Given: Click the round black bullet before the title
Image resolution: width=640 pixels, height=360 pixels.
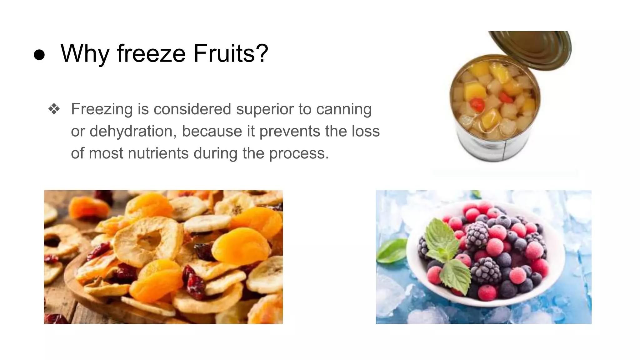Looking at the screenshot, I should pos(39,55).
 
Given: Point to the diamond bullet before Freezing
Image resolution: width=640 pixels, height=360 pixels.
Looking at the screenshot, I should pos(54,109).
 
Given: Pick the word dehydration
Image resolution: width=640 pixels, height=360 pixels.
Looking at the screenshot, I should pos(131,131).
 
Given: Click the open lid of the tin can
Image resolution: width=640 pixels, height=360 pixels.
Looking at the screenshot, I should pos(537,47).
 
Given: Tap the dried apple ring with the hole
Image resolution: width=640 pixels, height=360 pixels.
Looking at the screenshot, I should pos(147,241).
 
